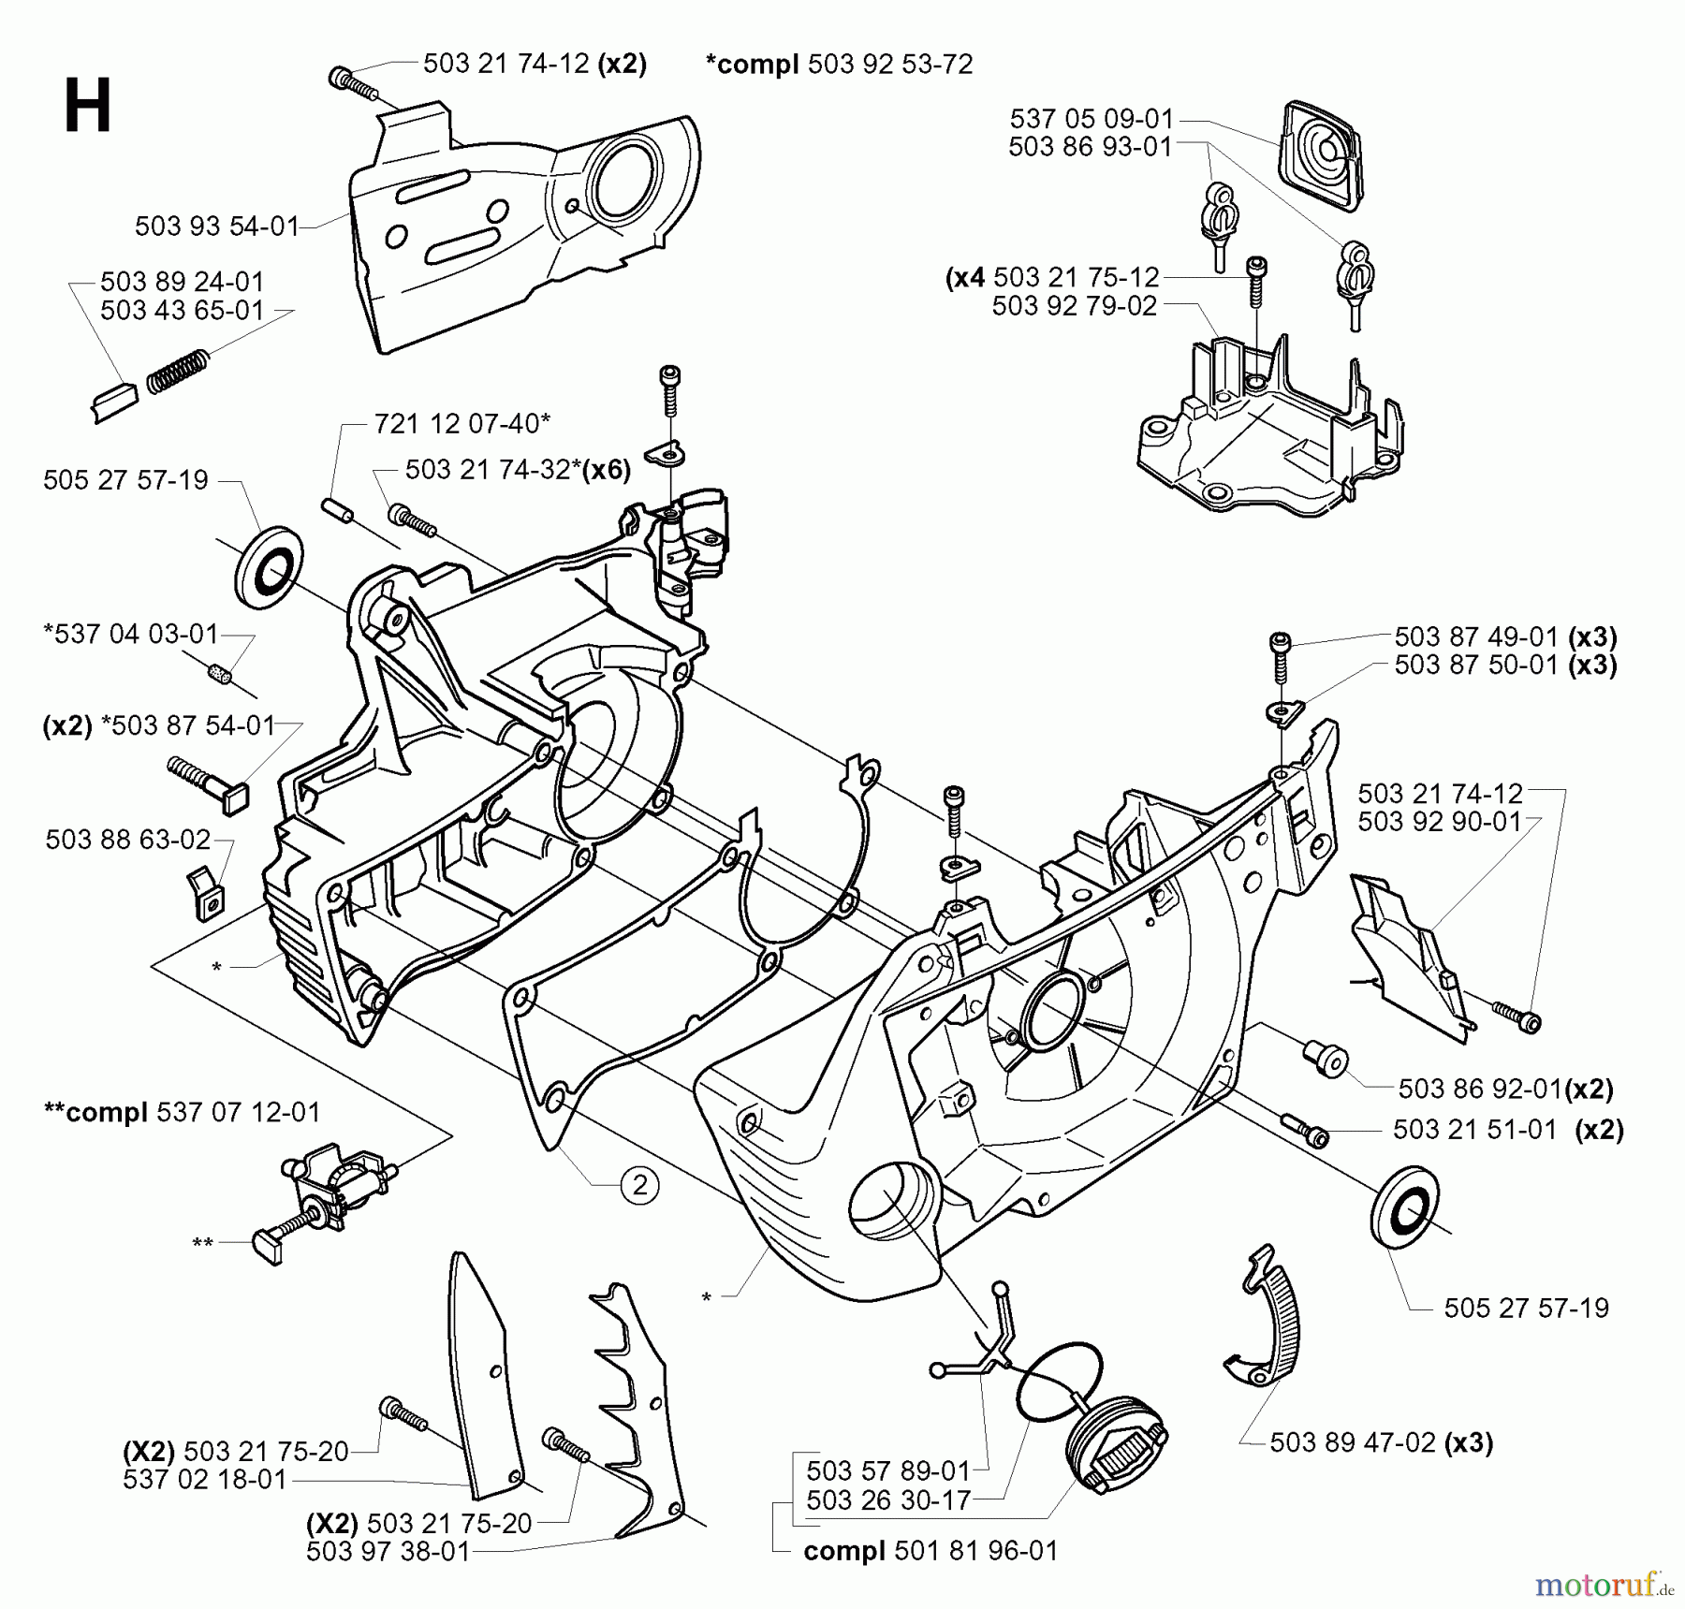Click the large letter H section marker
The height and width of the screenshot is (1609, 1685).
88,107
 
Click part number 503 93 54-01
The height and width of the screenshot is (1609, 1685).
216,227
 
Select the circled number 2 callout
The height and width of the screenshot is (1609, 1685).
640,1187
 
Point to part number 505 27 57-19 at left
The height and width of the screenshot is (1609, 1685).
125,481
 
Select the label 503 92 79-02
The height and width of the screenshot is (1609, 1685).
1075,306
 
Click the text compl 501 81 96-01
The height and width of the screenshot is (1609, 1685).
930,1551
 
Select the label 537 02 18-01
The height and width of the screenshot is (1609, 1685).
204,1480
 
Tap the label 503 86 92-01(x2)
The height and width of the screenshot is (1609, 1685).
1505,1089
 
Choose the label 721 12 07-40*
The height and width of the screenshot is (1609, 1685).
462,424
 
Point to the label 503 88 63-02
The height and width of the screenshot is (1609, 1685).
127,840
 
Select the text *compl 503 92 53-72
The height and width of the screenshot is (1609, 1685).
839,65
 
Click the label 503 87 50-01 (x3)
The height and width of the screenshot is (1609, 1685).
1505,666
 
